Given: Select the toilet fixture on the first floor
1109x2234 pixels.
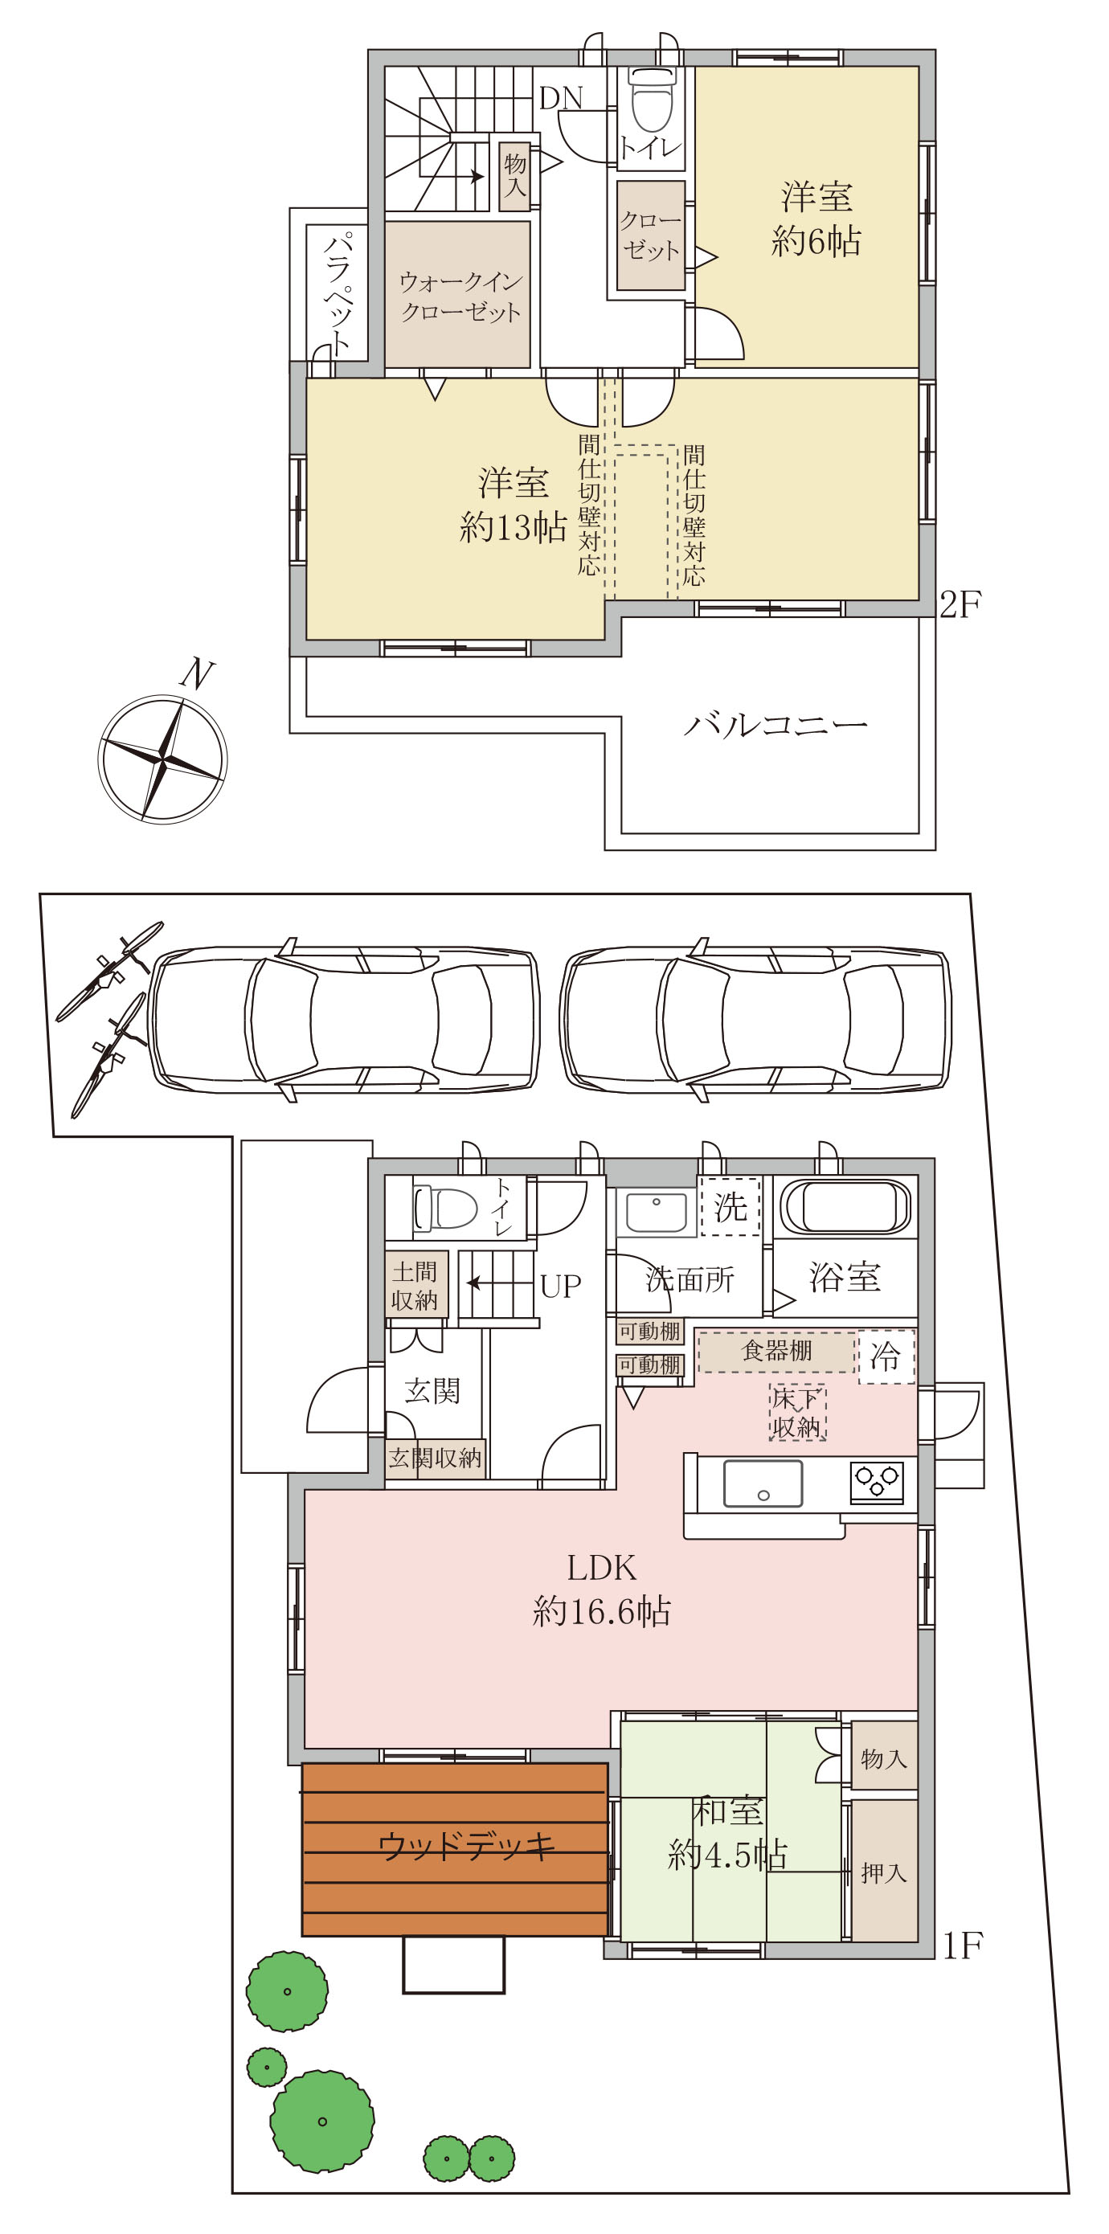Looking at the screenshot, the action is click(446, 1208).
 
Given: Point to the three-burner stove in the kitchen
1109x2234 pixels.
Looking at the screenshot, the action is click(878, 1482).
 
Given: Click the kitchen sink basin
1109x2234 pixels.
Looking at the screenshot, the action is click(763, 1483).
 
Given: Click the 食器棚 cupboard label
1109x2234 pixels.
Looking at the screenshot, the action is click(777, 1350).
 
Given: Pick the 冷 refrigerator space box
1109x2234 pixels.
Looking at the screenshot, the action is click(886, 1356).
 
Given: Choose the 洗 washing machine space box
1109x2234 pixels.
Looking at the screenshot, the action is click(730, 1206).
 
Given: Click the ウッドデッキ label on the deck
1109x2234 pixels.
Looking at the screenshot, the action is click(466, 1847).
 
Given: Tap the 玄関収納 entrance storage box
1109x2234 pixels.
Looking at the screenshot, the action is click(436, 1458).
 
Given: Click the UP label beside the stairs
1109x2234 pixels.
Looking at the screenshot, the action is click(560, 1286).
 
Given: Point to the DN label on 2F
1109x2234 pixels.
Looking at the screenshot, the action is click(561, 98).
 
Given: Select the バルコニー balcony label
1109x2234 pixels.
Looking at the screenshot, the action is click(775, 725).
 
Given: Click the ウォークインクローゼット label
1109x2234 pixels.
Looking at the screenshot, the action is click(460, 297).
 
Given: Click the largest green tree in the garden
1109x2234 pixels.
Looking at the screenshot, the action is click(322, 2121).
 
